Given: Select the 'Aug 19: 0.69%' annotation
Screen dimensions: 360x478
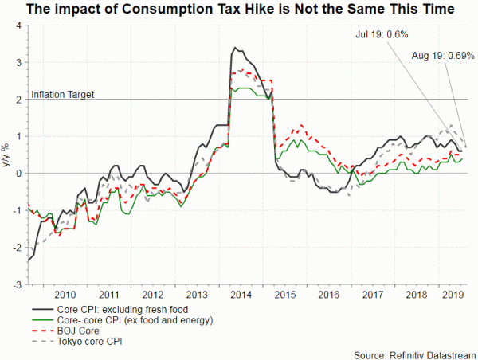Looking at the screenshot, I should click(444, 56).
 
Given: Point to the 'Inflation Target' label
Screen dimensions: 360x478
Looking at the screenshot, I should click(63, 94).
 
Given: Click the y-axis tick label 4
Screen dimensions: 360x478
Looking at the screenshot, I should click(17, 25).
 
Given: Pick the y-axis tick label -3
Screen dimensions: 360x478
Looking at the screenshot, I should click(15, 284).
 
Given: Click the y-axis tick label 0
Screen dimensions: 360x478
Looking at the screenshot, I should click(17, 174).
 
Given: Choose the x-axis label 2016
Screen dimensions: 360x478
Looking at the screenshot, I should click(327, 294).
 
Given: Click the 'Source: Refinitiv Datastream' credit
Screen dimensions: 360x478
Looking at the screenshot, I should click(413, 353).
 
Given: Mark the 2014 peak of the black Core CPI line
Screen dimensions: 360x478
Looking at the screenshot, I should click(234, 49).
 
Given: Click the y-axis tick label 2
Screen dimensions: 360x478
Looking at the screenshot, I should click(17, 100).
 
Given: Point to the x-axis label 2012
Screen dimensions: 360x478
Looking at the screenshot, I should click(151, 294).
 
